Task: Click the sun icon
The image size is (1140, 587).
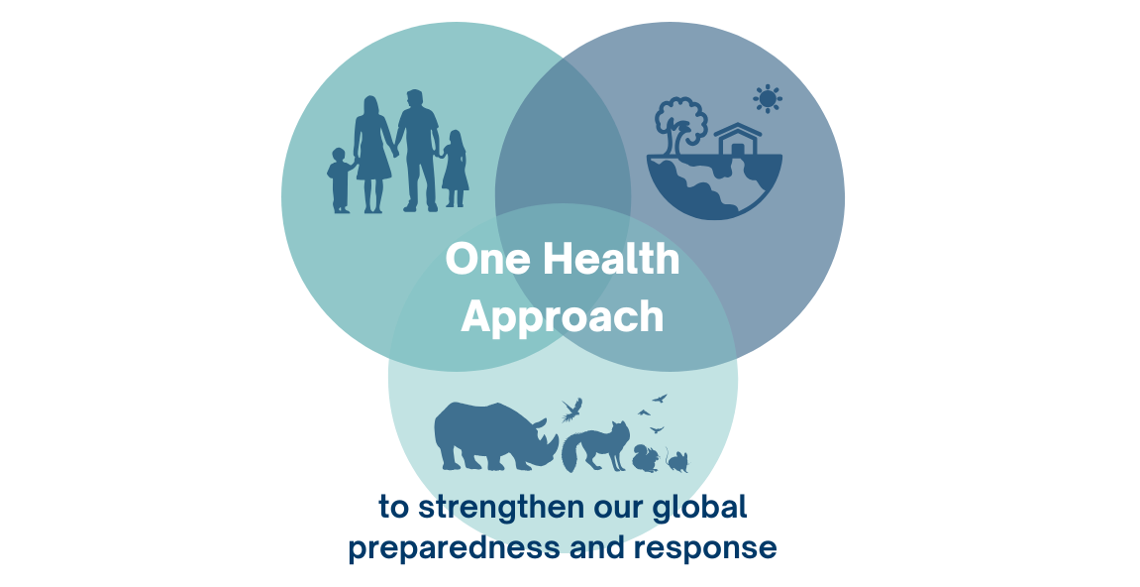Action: click(767, 98)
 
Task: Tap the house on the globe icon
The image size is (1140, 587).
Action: click(737, 140)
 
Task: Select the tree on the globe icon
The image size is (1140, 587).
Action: click(681, 124)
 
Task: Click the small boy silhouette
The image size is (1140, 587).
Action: click(340, 180)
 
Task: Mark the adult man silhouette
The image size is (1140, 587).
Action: click(418, 151)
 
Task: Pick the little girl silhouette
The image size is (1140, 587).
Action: click(455, 169)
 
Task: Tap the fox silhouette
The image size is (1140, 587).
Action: click(594, 447)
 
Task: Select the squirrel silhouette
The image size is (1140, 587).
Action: click(646, 459)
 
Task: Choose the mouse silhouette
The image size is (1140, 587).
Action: click(676, 462)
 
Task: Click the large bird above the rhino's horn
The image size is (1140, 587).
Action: click(572, 410)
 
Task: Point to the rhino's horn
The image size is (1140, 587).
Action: click(540, 423)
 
